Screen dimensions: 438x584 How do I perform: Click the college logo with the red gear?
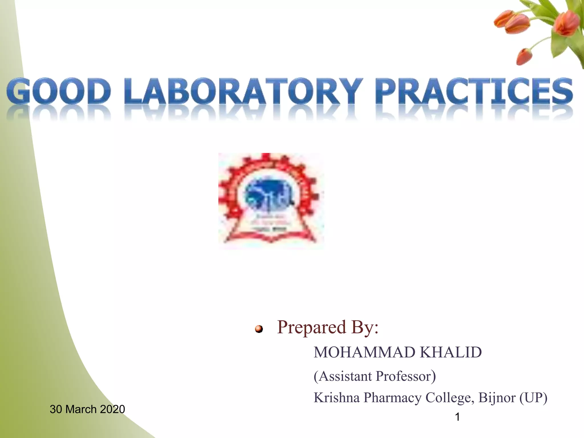[271, 201]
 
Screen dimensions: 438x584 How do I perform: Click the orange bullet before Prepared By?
[259, 329]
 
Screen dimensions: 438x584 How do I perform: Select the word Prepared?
[312, 327]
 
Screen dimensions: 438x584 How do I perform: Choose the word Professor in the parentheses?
[403, 376]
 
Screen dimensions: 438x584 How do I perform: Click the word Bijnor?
[497, 398]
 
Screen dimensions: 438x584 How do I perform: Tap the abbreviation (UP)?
[533, 398]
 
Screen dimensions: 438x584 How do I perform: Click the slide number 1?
[458, 417]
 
